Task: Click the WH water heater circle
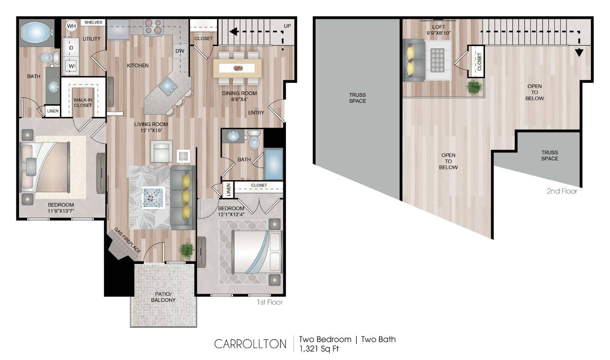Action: tap(71, 26)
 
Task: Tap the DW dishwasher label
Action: tap(180, 51)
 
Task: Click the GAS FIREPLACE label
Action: tap(127, 240)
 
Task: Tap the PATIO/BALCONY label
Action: tap(163, 297)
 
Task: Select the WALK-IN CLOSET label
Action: tap(83, 102)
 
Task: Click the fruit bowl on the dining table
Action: tap(238, 68)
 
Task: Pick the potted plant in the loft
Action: tap(474, 87)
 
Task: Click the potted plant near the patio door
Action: tap(186, 250)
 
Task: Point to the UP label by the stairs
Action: tap(287, 26)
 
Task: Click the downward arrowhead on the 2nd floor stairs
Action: tap(579, 53)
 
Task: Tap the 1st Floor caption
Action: tap(270, 302)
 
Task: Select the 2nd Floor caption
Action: tap(562, 191)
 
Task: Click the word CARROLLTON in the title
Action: tap(250, 344)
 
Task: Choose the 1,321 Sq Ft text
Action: tap(319, 349)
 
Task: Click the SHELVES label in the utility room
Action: tap(93, 22)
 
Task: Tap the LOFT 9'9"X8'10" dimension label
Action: tap(438, 30)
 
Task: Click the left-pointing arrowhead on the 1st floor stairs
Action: tap(233, 32)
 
